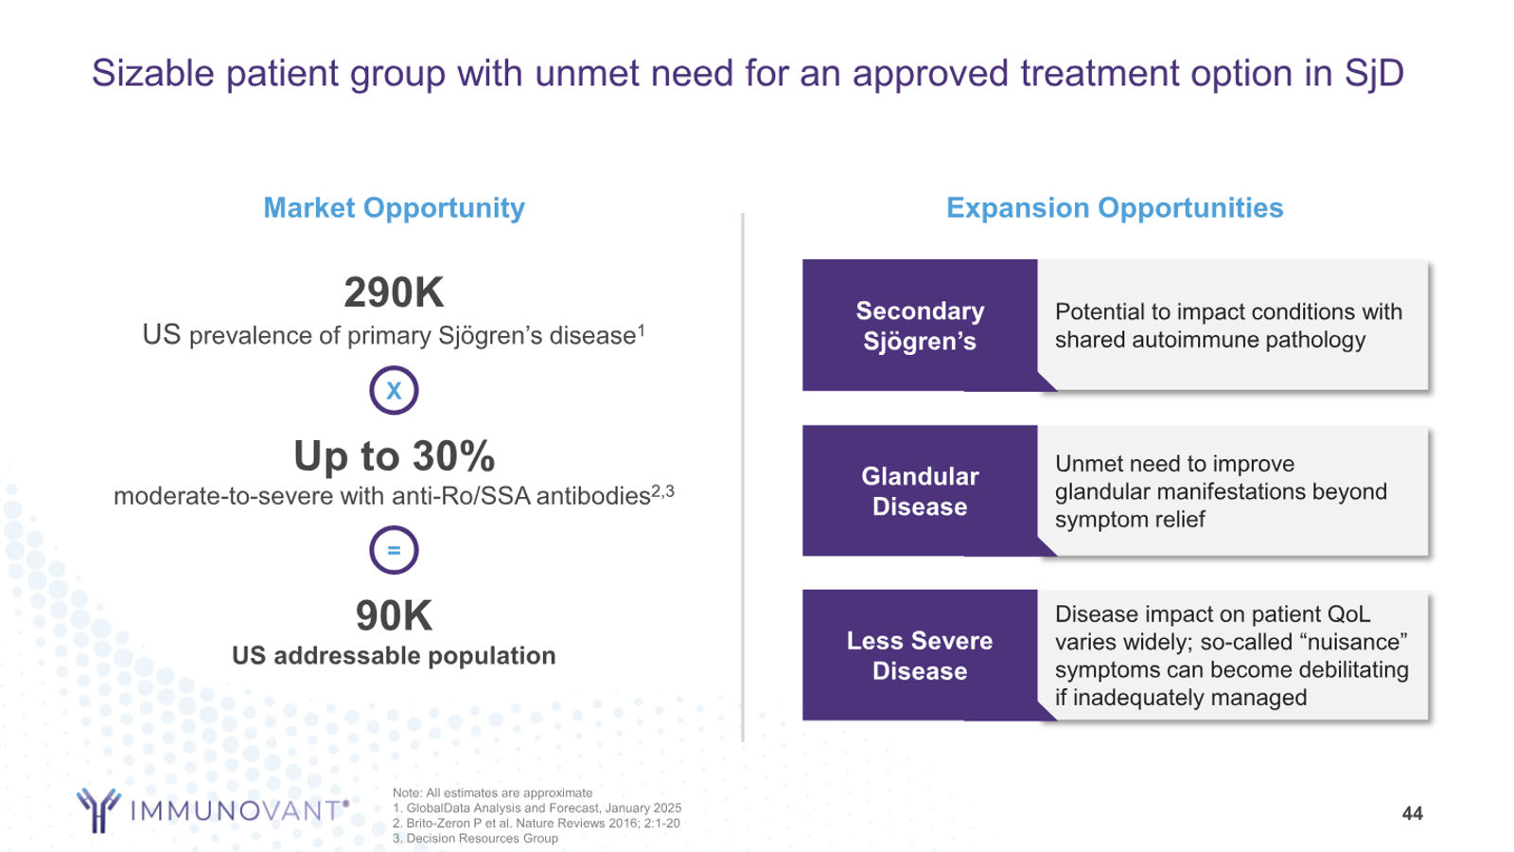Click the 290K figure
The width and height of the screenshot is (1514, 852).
[394, 293]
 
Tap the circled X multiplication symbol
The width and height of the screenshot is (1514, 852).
[394, 390]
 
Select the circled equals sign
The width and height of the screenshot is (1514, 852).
[394, 550]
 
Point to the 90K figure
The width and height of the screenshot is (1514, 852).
[394, 615]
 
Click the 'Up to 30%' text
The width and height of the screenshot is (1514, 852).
[394, 455]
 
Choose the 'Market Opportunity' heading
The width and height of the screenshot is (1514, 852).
[394, 207]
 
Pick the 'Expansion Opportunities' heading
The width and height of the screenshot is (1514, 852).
[1115, 207]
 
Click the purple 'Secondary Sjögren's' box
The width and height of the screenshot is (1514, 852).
[920, 326]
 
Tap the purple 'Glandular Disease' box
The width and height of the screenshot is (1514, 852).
[920, 491]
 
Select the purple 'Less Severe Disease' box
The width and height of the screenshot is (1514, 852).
[920, 655]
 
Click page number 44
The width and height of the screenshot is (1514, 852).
[1412, 813]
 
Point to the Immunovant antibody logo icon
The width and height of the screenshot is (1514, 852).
[98, 809]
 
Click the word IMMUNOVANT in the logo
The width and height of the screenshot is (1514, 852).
[236, 810]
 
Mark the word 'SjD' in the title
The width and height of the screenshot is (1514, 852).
[1374, 73]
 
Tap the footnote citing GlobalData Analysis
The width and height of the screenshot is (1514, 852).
[537, 808]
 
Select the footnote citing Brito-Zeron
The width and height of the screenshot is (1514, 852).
[537, 823]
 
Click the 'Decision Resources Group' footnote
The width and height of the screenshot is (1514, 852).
[475, 839]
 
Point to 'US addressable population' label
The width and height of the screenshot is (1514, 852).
[394, 656]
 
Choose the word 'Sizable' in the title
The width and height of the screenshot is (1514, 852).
[153, 73]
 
